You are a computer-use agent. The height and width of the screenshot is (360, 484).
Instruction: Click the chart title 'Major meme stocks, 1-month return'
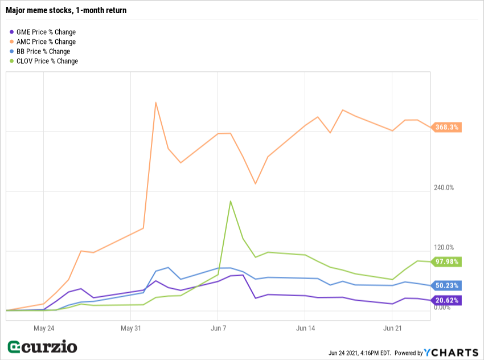(66, 10)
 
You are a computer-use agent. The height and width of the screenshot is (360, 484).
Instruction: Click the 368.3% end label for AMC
(447, 128)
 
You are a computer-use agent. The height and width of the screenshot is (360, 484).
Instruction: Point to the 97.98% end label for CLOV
(447, 262)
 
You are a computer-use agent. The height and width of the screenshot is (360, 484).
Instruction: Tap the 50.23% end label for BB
(447, 286)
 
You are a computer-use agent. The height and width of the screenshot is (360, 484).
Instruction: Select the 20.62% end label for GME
(447, 300)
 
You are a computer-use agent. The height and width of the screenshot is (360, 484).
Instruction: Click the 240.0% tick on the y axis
(442, 188)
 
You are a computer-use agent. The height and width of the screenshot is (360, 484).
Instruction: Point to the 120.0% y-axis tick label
(442, 248)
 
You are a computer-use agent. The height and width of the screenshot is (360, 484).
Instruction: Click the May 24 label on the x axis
(44, 329)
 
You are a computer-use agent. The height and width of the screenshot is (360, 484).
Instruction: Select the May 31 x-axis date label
(130, 329)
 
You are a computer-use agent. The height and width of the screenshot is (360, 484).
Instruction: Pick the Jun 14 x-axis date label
(306, 329)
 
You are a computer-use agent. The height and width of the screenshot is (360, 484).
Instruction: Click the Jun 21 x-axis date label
(393, 329)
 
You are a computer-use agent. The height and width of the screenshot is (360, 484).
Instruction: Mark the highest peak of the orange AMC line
(156, 103)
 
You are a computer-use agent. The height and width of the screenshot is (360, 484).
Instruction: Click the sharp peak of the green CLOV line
(230, 201)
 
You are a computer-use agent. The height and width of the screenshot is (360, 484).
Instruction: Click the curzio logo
(42, 347)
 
